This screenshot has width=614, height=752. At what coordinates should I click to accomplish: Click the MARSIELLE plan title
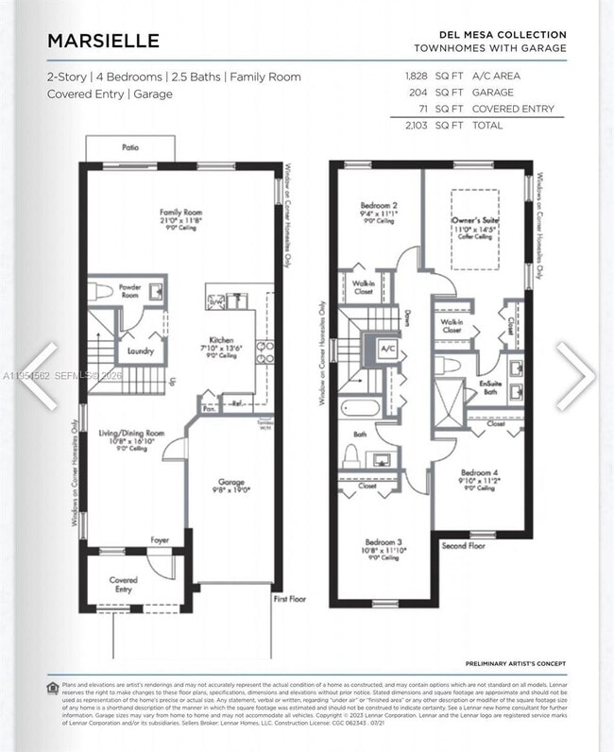point(103,42)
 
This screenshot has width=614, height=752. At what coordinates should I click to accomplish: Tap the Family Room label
point(180,214)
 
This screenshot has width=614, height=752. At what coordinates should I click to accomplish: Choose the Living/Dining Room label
point(131,433)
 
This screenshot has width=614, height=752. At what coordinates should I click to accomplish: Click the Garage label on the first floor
point(231,482)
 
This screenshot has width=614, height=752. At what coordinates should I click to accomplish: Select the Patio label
point(129,147)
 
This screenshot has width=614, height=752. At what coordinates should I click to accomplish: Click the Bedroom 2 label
point(378,205)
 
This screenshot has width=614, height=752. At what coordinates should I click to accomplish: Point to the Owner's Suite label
point(475,220)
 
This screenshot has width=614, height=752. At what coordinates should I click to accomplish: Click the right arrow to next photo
point(575,375)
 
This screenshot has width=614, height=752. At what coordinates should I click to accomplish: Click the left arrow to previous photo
point(37,375)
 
